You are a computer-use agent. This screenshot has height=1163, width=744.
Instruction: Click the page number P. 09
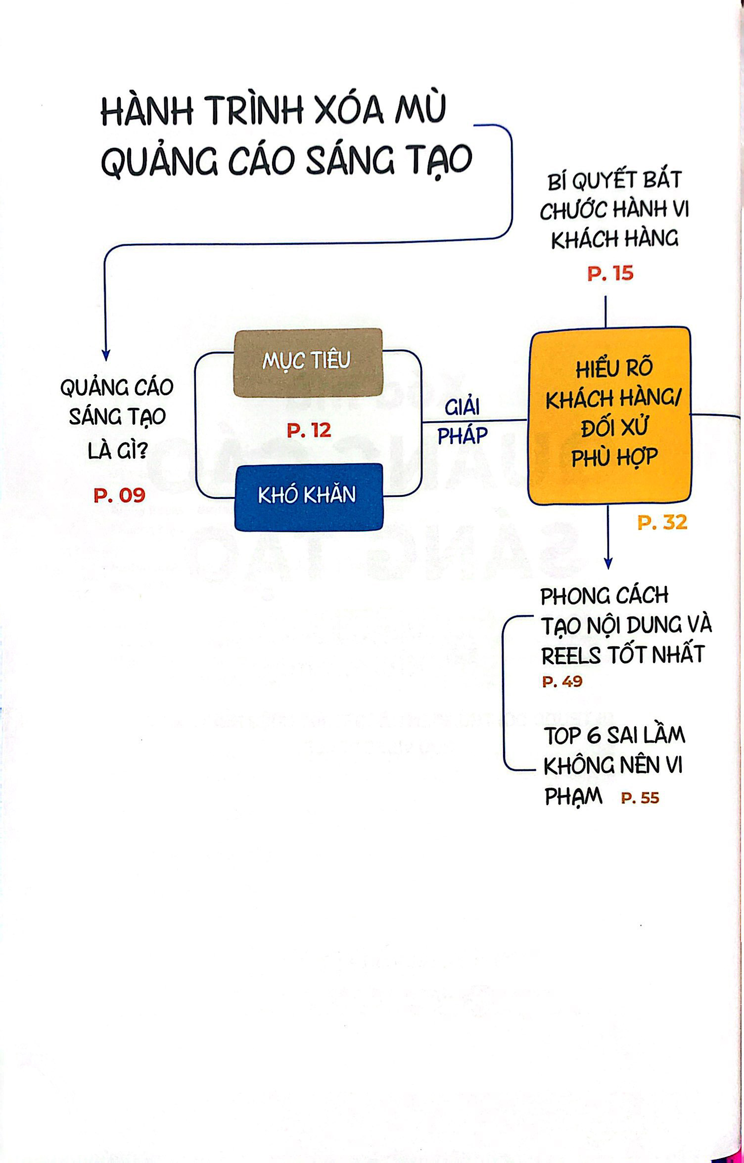pos(119,495)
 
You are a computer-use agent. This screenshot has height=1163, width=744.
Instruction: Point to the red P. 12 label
pos(309,431)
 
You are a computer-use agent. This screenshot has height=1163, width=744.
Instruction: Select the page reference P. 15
pos(610,273)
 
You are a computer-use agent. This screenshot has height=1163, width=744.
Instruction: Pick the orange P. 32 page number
pos(662,523)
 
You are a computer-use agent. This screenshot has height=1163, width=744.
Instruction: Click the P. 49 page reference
pos(562,682)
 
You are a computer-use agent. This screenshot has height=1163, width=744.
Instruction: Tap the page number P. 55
pos(640,798)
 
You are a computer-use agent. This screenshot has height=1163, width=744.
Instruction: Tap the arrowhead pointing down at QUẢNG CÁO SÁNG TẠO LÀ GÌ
pos(105,355)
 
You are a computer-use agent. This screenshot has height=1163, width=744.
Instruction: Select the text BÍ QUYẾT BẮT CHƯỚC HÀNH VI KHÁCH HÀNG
pos(614,210)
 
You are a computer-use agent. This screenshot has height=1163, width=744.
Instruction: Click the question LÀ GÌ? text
pos(117,450)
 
